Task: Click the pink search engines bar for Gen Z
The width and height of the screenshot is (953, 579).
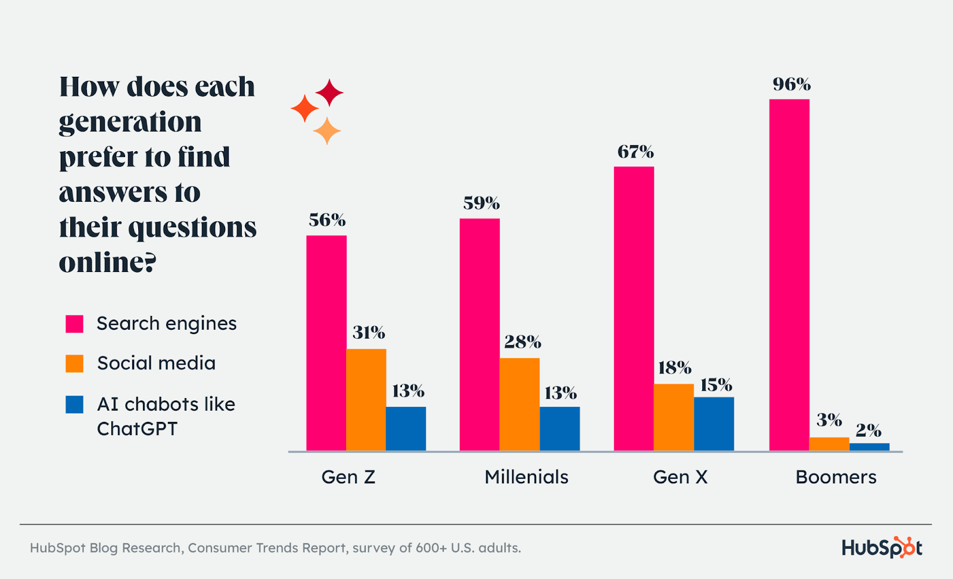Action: (x=326, y=343)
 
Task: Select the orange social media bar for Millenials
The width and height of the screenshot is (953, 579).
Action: (x=519, y=404)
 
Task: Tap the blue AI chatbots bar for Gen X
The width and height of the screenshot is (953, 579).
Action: (x=714, y=424)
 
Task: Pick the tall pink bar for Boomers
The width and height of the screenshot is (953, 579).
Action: (x=789, y=274)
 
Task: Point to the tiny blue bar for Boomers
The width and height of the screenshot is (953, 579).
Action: (x=869, y=447)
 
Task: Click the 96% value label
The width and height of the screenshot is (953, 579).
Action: (x=792, y=84)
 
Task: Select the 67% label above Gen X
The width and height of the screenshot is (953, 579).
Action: (x=636, y=152)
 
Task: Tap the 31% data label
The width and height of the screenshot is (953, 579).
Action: (x=369, y=333)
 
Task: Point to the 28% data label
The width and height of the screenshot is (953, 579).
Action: (x=522, y=342)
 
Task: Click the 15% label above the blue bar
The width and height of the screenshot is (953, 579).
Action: (x=716, y=386)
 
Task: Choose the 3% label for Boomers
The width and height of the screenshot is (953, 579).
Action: (x=829, y=421)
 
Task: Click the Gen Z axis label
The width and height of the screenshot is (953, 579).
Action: (x=348, y=477)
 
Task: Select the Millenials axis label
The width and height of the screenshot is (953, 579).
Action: (x=526, y=477)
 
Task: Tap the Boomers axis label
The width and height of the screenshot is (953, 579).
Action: (x=836, y=477)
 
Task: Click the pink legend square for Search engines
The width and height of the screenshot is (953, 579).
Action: (x=74, y=324)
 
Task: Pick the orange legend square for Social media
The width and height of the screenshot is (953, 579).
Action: (x=74, y=364)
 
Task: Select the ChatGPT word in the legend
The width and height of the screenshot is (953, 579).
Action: (x=137, y=429)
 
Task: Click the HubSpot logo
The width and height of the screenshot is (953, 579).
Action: (x=882, y=547)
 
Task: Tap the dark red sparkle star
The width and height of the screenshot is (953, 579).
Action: (x=329, y=93)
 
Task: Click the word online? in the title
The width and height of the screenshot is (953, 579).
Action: (x=107, y=262)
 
